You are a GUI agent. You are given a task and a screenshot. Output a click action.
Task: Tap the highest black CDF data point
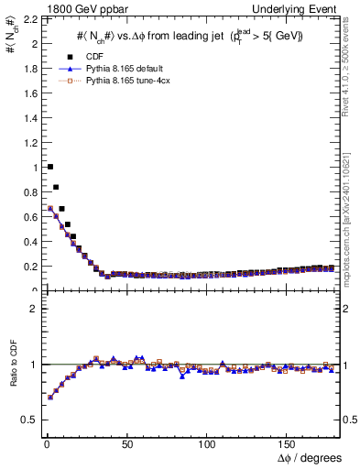click(49, 167)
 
